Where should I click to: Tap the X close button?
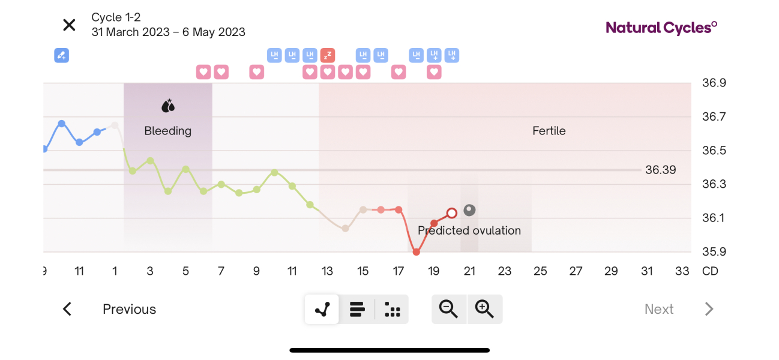click(70, 25)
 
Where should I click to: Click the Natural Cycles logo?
click(661, 27)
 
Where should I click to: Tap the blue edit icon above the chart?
click(61, 56)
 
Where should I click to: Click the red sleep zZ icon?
click(327, 56)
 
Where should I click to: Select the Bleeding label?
click(167, 131)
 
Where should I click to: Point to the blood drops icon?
click(167, 106)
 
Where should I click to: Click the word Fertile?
click(549, 131)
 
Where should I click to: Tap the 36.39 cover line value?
click(660, 170)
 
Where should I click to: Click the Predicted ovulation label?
click(469, 230)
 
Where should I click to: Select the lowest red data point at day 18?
click(416, 252)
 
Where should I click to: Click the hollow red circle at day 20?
click(452, 213)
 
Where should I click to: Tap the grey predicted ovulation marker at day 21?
click(469, 210)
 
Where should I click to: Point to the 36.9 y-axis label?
click(714, 83)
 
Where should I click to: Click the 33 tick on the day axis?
click(682, 271)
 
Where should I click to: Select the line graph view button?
click(322, 309)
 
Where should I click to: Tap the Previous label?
click(129, 309)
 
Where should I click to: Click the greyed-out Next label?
click(659, 309)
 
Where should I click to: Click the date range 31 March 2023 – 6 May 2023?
click(168, 32)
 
